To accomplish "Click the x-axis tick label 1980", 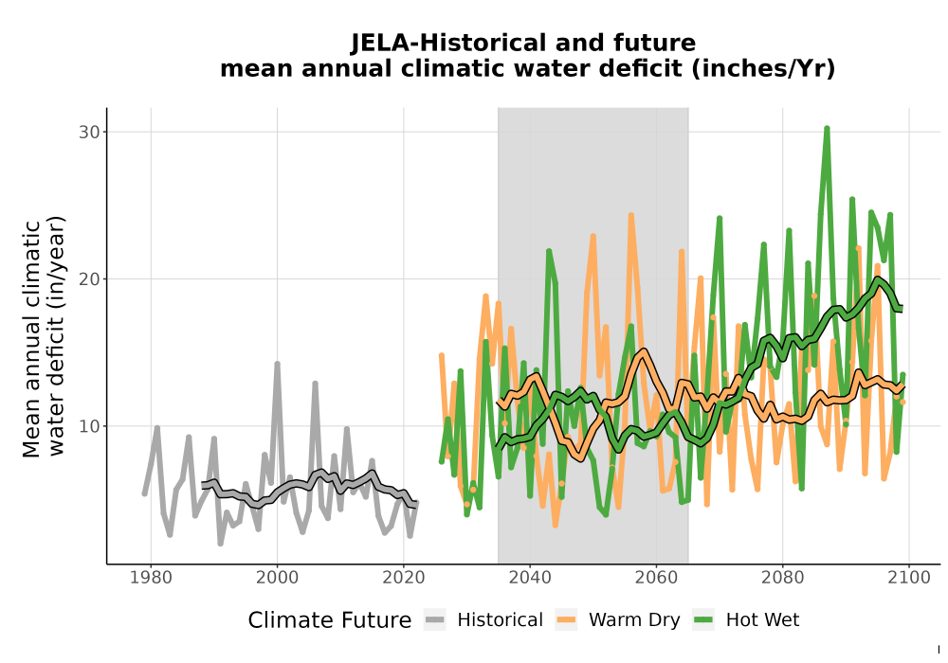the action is pyautogui.click(x=151, y=578).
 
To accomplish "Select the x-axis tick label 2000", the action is pyautogui.click(x=277, y=578).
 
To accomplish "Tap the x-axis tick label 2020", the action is pyautogui.click(x=403, y=578).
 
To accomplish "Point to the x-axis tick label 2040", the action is pyautogui.click(x=530, y=578).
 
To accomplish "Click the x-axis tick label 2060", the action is pyautogui.click(x=656, y=578).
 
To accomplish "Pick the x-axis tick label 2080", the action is pyautogui.click(x=782, y=578).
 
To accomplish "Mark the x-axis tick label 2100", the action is pyautogui.click(x=909, y=578).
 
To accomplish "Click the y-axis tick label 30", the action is pyautogui.click(x=89, y=133).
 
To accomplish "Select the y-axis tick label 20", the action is pyautogui.click(x=89, y=279).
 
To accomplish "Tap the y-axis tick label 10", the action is pyautogui.click(x=89, y=426).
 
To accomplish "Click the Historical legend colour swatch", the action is pyautogui.click(x=435, y=620).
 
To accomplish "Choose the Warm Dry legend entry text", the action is pyautogui.click(x=634, y=620).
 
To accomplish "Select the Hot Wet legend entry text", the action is pyautogui.click(x=762, y=620).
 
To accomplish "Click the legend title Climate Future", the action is pyautogui.click(x=330, y=620).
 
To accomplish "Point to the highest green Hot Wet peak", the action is pyautogui.click(x=827, y=128).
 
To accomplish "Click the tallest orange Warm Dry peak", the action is pyautogui.click(x=631, y=215).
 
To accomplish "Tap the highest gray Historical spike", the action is pyautogui.click(x=277, y=364).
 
